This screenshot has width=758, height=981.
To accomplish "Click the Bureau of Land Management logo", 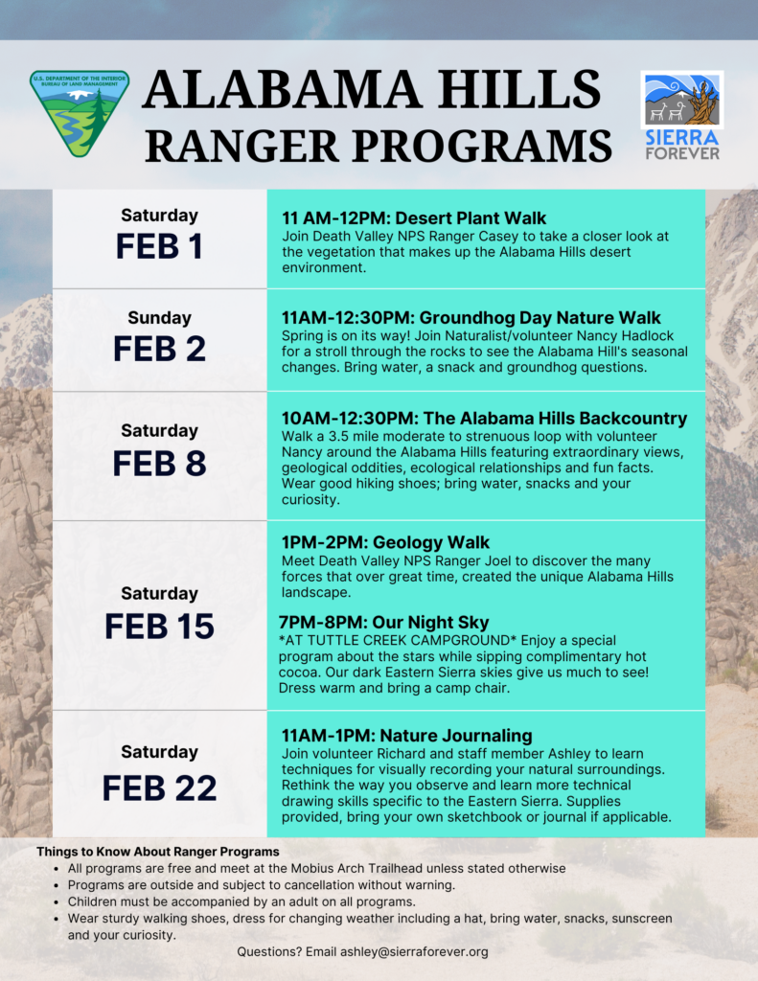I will (79, 113).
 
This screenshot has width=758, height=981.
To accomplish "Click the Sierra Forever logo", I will (681, 114).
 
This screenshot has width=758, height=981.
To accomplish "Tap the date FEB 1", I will (159, 246).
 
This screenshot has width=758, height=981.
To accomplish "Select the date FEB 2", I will (159, 349).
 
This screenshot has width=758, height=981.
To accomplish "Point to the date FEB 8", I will (159, 463).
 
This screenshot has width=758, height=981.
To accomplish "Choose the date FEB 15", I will (159, 626).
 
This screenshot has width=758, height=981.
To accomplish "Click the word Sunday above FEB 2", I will (159, 317).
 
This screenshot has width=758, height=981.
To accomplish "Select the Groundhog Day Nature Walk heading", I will (471, 317).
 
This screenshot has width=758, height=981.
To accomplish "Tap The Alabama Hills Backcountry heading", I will (484, 419).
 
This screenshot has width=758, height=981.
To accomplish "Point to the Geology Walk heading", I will (385, 542).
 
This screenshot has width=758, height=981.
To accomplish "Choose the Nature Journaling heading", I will (406, 736).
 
